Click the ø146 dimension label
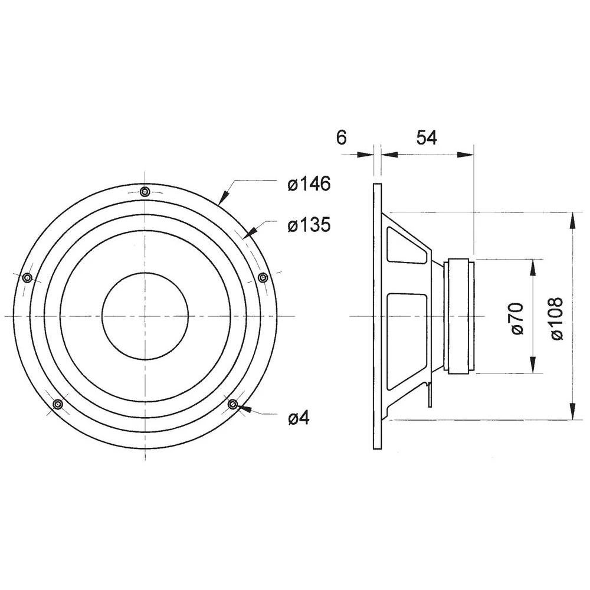(x=309, y=185)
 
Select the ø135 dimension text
(x=309, y=225)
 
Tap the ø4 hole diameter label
(x=299, y=418)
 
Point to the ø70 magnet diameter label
(x=517, y=318)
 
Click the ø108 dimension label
(x=558, y=318)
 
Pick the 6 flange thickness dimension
(x=341, y=137)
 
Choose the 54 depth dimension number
(x=427, y=137)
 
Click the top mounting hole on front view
(x=145, y=191)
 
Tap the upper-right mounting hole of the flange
(x=264, y=278)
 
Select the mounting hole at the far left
(x=27, y=278)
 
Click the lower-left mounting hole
(x=58, y=404)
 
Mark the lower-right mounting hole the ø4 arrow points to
(x=233, y=404)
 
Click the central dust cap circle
(x=145, y=316)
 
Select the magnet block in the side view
(x=460, y=316)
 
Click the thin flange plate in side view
(x=376, y=316)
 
